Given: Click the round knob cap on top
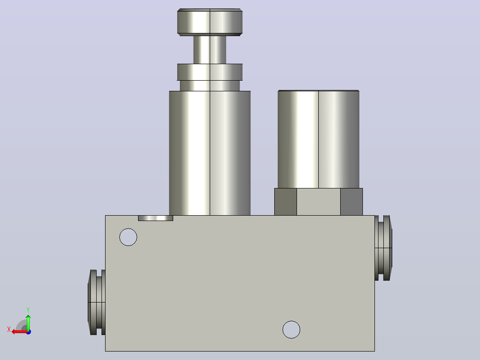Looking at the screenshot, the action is pyautogui.click(x=210, y=22).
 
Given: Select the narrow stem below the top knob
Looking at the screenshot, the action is pyautogui.click(x=210, y=50).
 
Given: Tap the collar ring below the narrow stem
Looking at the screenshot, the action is pyautogui.click(x=210, y=72).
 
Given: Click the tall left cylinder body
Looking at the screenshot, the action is pyautogui.click(x=210, y=153).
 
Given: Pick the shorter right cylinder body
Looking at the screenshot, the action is pyautogui.click(x=318, y=139).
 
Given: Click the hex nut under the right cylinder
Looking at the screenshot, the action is pyautogui.click(x=318, y=202).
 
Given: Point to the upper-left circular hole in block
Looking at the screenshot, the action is pyautogui.click(x=128, y=237).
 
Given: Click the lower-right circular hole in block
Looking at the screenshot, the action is pyautogui.click(x=291, y=330).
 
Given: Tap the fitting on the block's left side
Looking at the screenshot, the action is pyautogui.click(x=97, y=303).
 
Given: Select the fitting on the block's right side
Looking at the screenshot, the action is pyautogui.click(x=383, y=248).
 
